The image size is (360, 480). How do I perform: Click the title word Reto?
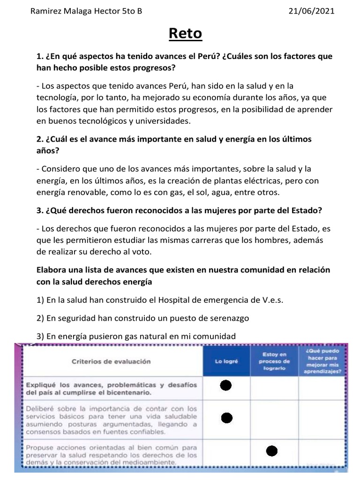(185, 34)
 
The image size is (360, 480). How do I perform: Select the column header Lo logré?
(226, 361)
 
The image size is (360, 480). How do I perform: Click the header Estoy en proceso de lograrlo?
(274, 361)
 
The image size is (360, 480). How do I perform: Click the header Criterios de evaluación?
(111, 361)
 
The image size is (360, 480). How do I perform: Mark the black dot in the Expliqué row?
(226, 386)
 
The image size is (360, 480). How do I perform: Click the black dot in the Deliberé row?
(227, 418)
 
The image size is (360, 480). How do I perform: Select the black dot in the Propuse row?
(272, 451)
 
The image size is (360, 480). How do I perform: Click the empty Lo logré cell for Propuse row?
(226, 452)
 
